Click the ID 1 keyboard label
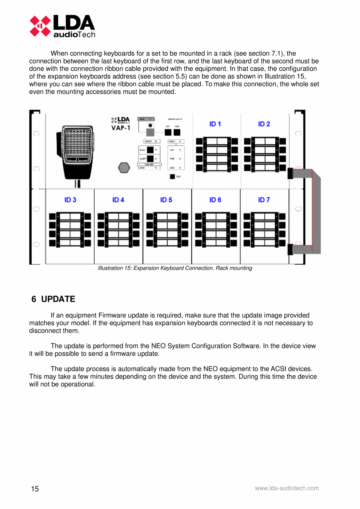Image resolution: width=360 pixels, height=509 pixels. pos(215,124)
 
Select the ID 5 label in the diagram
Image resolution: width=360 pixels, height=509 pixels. pos(166,200)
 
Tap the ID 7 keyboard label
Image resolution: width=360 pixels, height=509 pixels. pos(264,200)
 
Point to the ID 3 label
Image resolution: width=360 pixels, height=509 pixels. pos(70,200)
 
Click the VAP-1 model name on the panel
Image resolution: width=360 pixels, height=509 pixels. pos(118,128)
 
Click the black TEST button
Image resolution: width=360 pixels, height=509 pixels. pos(172,176)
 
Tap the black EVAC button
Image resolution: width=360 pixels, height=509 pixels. pos(150,149)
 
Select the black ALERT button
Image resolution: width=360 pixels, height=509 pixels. pos(150,158)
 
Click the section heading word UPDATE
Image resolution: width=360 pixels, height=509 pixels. pos(58,299)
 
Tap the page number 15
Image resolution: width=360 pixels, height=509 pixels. pos(35,489)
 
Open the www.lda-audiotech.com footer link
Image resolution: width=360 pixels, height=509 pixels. pos(286,488)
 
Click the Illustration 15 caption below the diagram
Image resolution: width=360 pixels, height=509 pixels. pos(175,268)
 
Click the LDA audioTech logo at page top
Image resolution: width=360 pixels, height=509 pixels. pos(63,26)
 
